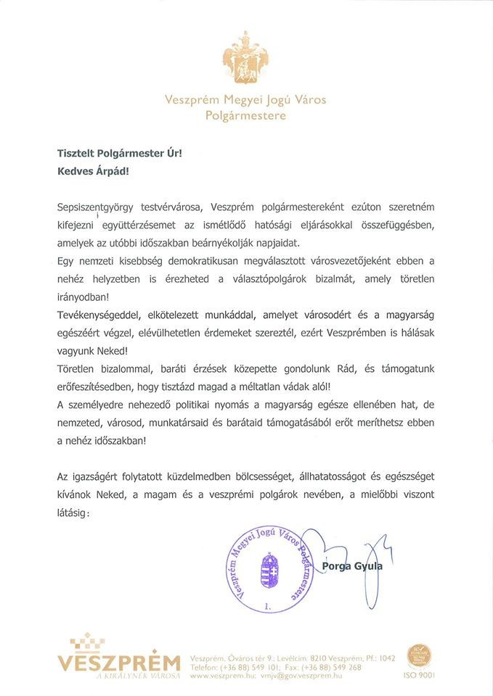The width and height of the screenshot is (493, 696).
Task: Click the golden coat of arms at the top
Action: point(246,62)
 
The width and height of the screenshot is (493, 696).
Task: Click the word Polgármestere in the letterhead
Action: point(245,115)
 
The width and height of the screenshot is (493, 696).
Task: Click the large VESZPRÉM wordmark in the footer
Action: point(119,663)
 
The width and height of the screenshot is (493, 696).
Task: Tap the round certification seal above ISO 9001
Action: point(419,653)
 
